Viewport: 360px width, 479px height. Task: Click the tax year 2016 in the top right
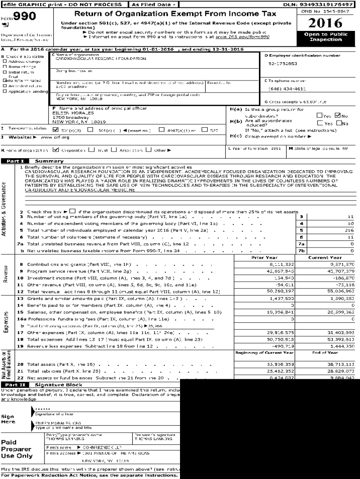325,22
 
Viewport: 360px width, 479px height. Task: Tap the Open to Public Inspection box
325,37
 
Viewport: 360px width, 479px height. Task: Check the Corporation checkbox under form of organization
56,150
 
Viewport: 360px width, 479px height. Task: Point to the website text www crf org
55,137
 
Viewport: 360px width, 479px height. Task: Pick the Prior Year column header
264,257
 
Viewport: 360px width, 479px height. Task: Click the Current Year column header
325,257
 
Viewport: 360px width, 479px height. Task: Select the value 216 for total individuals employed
349,230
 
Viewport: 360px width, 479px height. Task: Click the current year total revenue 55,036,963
340,291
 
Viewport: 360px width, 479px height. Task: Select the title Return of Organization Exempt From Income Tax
175,14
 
